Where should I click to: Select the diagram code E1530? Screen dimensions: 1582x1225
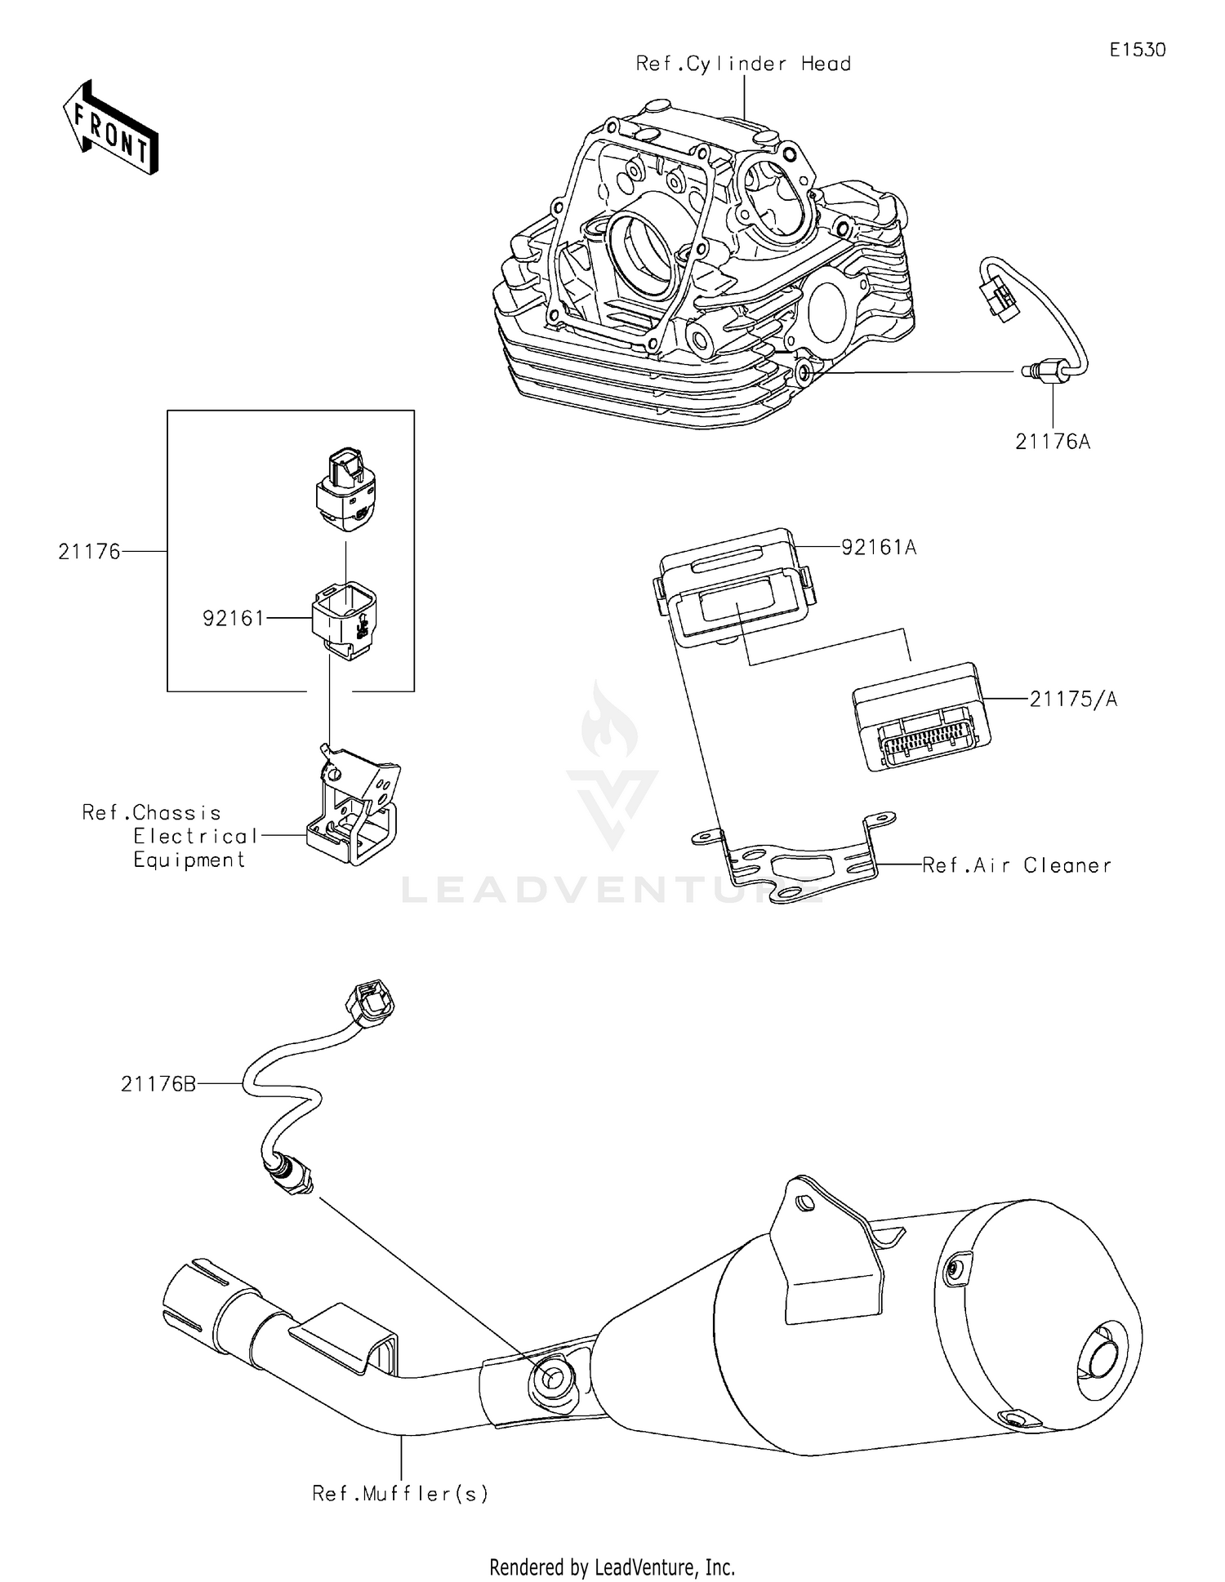click(1137, 50)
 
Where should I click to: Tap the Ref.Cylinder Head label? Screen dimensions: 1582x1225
click(743, 64)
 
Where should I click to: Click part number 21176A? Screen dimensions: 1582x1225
click(1053, 442)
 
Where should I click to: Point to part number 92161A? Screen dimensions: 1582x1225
click(879, 547)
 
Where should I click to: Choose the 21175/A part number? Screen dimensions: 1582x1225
click(1073, 699)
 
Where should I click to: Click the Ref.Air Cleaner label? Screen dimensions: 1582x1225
click(1017, 865)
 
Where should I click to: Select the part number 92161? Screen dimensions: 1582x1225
click(234, 619)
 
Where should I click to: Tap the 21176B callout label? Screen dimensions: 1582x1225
click(158, 1084)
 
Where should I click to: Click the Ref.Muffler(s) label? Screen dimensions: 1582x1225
click(400, 1494)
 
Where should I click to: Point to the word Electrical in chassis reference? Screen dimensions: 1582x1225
click(196, 836)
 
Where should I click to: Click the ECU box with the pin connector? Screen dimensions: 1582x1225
click(920, 715)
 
